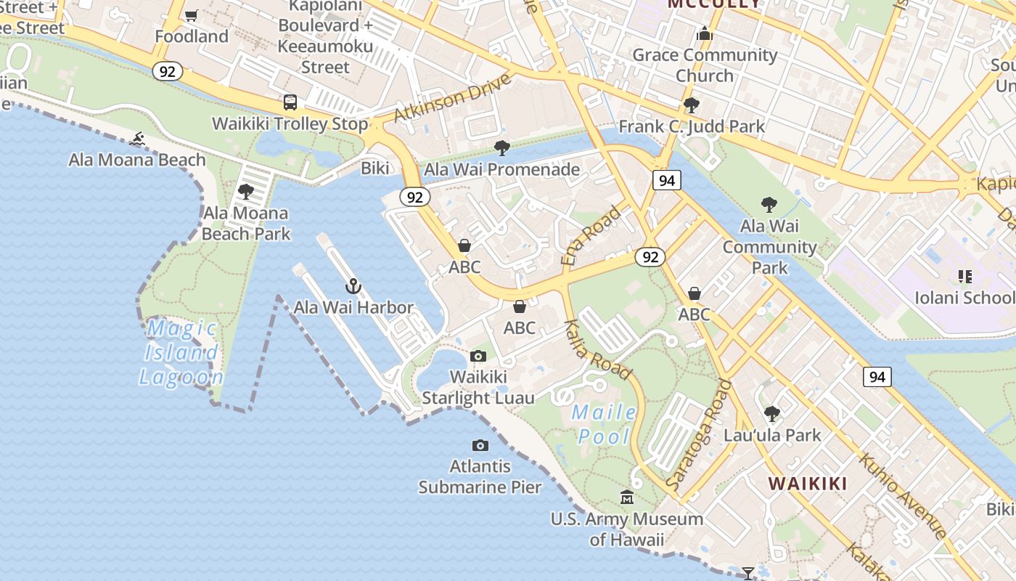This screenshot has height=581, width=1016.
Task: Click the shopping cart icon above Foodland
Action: pyautogui.click(x=192, y=15)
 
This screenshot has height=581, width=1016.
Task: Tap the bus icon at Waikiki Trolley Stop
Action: pyautogui.click(x=290, y=102)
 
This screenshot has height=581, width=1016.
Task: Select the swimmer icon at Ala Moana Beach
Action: pyautogui.click(x=137, y=139)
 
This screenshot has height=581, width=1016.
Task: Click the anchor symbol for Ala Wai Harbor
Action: pyautogui.click(x=353, y=286)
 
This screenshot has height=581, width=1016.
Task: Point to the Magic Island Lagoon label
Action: pyautogui.click(x=181, y=353)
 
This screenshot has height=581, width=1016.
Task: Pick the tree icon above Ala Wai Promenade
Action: pyautogui.click(x=501, y=149)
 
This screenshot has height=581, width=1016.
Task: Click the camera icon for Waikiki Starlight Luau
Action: pyautogui.click(x=478, y=356)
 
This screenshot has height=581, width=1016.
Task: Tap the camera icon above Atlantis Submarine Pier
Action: pyautogui.click(x=480, y=445)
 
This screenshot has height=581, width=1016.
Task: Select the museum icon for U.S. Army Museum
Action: pyautogui.click(x=627, y=497)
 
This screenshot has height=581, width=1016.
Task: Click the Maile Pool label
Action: pyautogui.click(x=604, y=425)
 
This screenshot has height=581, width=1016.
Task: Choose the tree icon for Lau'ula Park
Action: pyautogui.click(x=772, y=414)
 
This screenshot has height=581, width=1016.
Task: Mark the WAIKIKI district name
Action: pyautogui.click(x=808, y=484)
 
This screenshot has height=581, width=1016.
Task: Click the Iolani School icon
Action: pyautogui.click(x=965, y=276)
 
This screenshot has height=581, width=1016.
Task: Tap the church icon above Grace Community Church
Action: pyautogui.click(x=704, y=33)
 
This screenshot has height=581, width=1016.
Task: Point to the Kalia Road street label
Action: pyautogui.click(x=597, y=349)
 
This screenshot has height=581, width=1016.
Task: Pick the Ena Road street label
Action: pyautogui.click(x=591, y=235)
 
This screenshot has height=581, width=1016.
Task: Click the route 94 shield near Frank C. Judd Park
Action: pyautogui.click(x=666, y=180)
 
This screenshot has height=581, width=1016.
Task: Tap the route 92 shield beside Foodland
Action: pyautogui.click(x=168, y=71)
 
